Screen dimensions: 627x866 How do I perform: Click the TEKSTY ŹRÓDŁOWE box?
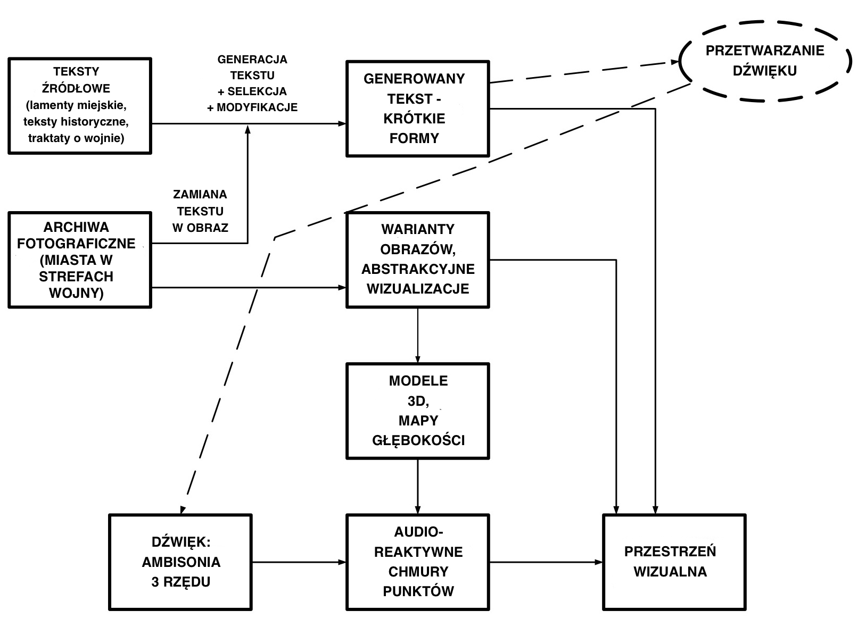80,106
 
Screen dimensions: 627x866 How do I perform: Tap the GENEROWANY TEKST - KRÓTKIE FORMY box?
417,108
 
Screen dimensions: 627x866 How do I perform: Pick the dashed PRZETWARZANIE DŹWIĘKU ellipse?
764,61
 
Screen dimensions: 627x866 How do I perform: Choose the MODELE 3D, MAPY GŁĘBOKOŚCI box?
417,411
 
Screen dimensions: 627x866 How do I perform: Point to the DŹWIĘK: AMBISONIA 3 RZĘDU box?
180,562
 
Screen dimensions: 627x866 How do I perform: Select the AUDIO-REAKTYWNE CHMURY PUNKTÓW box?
417,562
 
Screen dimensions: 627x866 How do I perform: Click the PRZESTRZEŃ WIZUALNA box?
673,562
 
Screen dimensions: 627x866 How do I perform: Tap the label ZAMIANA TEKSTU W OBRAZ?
200,211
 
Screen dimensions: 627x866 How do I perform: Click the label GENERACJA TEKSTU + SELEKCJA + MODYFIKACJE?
252,83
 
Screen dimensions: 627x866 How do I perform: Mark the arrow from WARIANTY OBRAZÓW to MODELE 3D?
417,335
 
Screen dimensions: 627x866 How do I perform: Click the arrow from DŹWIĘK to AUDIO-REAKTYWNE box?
298,562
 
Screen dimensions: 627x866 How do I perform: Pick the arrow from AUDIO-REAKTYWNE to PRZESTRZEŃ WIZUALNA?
546,562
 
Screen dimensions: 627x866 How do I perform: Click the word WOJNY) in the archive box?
76,293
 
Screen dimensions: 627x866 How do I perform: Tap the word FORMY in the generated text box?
414,138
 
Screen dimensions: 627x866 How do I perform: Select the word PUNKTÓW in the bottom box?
418,591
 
